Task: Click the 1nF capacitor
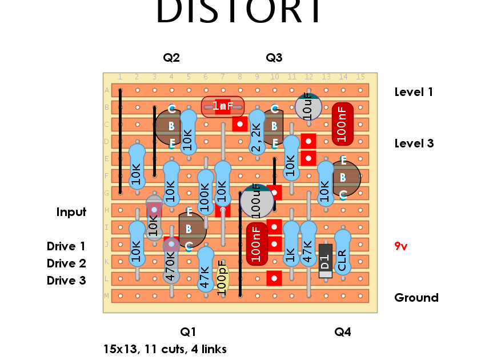point(223,106)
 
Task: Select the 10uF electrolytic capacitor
point(308,107)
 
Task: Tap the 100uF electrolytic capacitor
point(256,201)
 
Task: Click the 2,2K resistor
point(256,133)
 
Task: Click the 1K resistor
point(291,244)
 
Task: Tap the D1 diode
point(325,261)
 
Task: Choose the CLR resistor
point(342,253)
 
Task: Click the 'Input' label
point(71,212)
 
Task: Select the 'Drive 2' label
point(66,263)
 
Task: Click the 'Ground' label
point(416,298)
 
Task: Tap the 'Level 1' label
point(414,92)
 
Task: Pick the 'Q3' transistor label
point(274,58)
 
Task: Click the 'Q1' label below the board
point(189,332)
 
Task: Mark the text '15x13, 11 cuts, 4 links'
point(165,349)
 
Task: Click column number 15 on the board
point(360,77)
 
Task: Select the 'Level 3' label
point(414,143)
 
